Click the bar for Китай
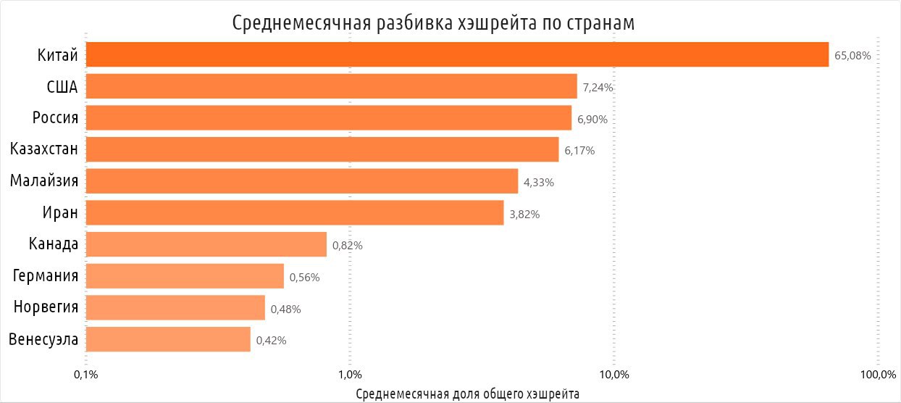point(457,54)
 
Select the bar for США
point(332,86)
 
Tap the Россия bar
point(329,118)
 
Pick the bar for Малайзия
point(302,181)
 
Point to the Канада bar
point(206,244)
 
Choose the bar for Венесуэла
point(168,339)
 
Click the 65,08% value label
point(852,55)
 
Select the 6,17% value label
point(579,151)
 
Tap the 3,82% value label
point(524,214)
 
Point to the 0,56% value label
point(304,277)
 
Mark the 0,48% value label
point(285,309)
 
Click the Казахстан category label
point(44,149)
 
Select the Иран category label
point(60,212)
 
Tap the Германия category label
point(46,275)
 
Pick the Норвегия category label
point(46,307)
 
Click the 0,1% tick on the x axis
point(86,375)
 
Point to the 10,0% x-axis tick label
point(614,375)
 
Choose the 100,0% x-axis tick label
point(878,375)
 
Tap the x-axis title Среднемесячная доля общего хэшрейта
point(469,394)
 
